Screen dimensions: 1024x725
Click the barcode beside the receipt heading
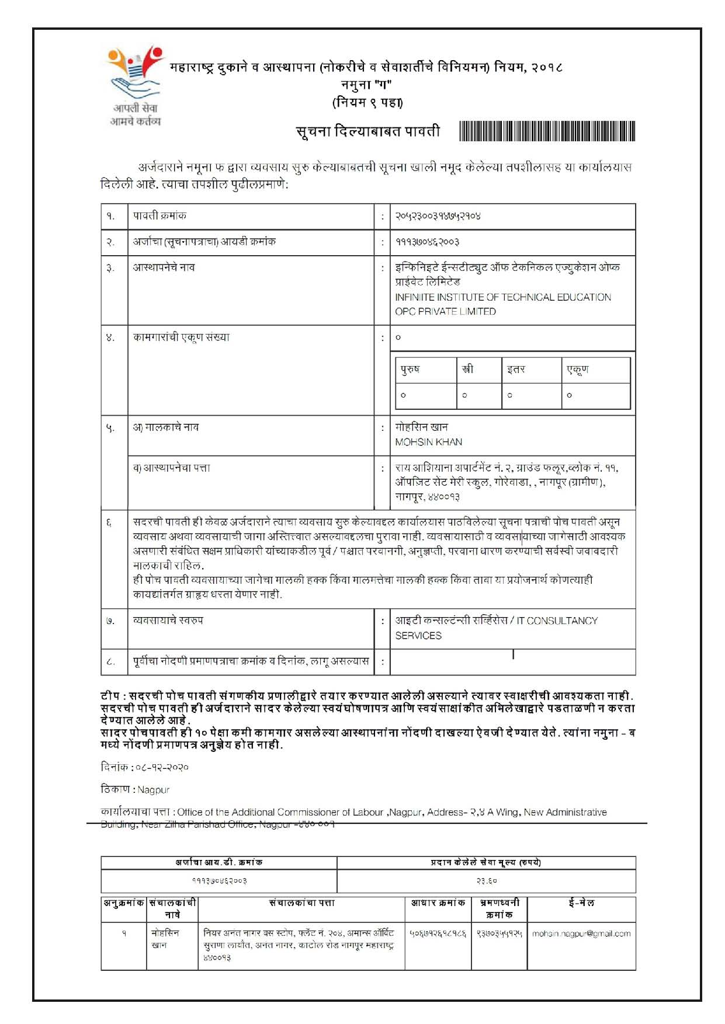tap(547, 131)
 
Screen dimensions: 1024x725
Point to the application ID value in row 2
tap(427, 242)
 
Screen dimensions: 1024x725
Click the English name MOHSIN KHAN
tap(428, 442)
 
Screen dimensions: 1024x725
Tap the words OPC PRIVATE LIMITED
tap(445, 311)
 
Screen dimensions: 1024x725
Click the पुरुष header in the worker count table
tap(410, 370)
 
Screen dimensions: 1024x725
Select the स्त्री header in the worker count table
tap(467, 370)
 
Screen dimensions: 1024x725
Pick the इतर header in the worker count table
tap(516, 370)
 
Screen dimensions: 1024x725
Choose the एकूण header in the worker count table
tap(578, 370)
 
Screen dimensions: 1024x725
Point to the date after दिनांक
tap(162, 767)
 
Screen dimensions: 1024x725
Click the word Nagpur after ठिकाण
tap(153, 790)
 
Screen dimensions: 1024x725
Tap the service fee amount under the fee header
tap(486, 880)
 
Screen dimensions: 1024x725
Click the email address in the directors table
tap(581, 934)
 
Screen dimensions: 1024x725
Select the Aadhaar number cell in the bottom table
tap(438, 934)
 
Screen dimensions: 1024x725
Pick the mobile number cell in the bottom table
tap(499, 934)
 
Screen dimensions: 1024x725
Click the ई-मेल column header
tap(581, 903)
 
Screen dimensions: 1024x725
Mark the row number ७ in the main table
tap(110, 621)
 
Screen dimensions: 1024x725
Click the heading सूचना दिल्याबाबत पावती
tap(368, 131)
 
